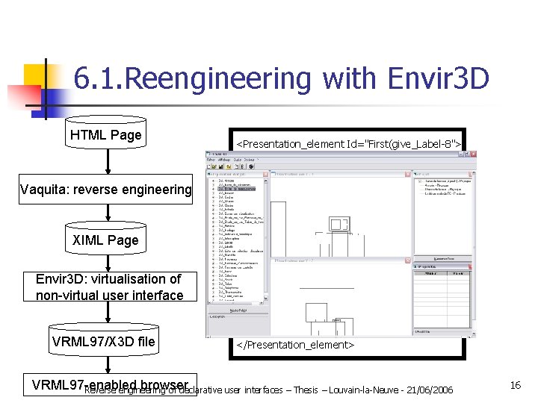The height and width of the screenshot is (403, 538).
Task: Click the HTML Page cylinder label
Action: (x=105, y=135)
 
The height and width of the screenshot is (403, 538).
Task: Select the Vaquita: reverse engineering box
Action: (x=105, y=190)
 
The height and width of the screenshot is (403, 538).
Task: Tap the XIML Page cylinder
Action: (x=105, y=240)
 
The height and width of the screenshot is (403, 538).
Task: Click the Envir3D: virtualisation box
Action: (x=109, y=287)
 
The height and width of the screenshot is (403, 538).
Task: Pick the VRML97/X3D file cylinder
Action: (x=104, y=342)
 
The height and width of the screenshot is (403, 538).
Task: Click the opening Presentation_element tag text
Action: (x=349, y=143)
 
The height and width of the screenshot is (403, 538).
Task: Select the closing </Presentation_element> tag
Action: (x=294, y=345)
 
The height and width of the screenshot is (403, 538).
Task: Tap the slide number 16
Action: (x=515, y=385)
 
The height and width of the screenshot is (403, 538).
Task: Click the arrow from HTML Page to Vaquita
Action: (x=106, y=160)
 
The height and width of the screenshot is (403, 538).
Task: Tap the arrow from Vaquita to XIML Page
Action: (x=106, y=214)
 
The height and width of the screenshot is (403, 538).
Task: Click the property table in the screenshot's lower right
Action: (x=442, y=299)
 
